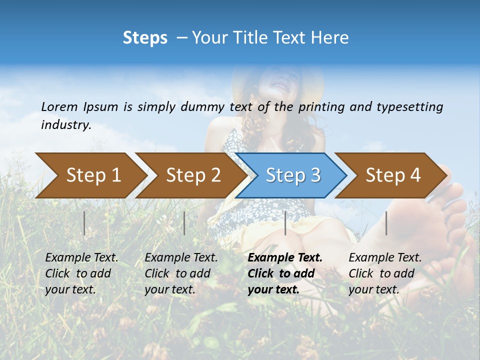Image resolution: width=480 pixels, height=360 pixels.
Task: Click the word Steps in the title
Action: click(145, 38)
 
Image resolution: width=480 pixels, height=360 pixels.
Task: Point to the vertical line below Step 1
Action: click(84, 223)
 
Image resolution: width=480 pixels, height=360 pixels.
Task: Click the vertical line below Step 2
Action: click(184, 223)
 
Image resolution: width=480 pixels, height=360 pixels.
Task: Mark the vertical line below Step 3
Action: click(285, 223)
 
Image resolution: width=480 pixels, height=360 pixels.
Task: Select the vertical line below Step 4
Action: click(386, 223)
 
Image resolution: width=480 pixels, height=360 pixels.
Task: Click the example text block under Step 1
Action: click(81, 273)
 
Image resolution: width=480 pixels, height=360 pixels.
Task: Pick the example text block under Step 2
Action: click(181, 273)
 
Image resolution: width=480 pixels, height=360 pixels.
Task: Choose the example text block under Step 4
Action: click(385, 273)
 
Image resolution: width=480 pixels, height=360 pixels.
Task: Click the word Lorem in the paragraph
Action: click(59, 106)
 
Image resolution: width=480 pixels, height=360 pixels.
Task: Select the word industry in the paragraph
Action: click(66, 124)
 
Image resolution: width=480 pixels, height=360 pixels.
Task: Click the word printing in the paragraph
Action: click(322, 106)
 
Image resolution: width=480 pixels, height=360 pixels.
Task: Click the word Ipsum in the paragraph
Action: click(101, 106)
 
